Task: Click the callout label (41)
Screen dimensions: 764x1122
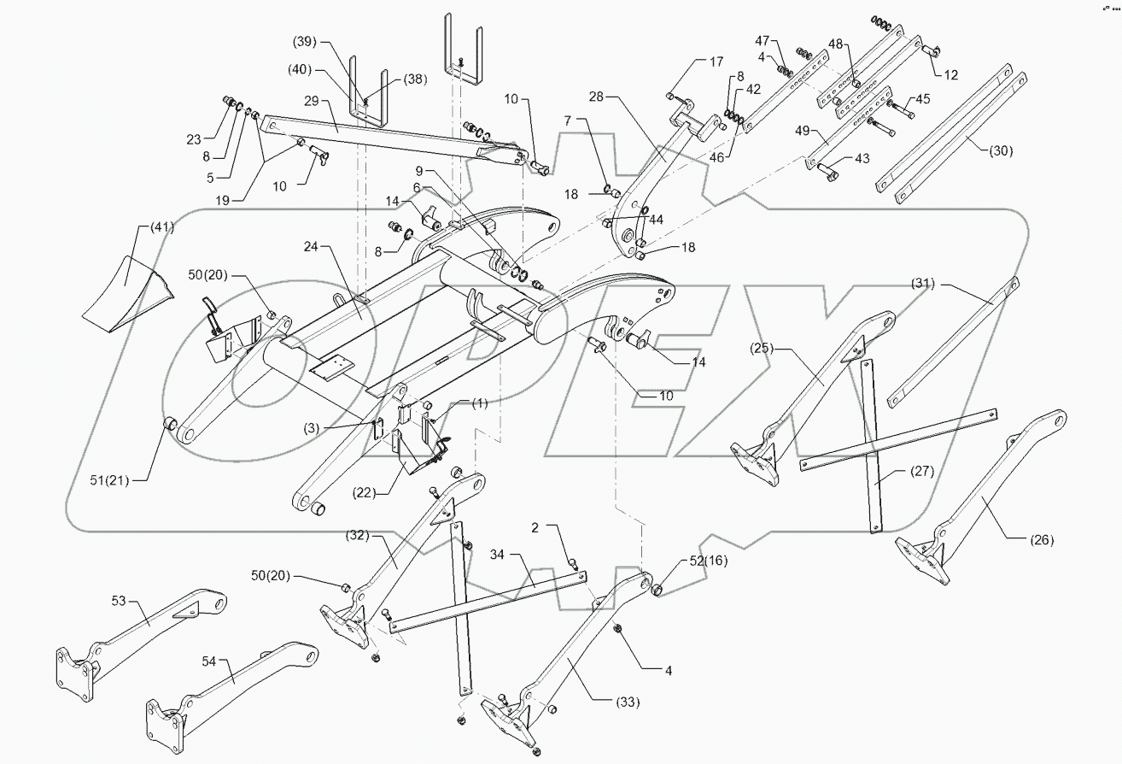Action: click(162, 227)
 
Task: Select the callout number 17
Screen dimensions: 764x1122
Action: click(715, 62)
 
